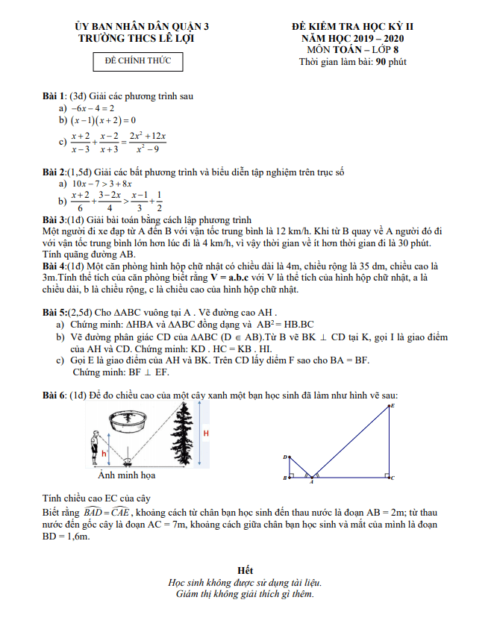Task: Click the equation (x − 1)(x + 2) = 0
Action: tap(102, 120)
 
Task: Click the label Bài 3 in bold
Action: tap(53, 221)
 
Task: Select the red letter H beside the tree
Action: tap(206, 434)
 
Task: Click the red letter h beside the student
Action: tap(104, 453)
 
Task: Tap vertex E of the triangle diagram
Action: tap(392, 406)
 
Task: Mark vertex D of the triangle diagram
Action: tap(286, 457)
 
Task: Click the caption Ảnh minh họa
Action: tap(127, 475)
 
